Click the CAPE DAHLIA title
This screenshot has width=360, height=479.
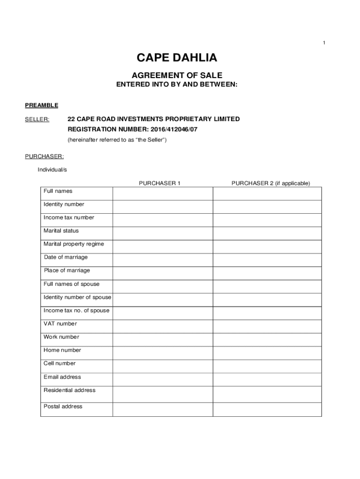(177, 58)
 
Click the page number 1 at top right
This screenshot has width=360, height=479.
(324, 43)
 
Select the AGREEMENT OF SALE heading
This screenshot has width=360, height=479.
(177, 75)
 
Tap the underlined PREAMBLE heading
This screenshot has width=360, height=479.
(42, 105)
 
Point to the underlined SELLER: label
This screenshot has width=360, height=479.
(37, 119)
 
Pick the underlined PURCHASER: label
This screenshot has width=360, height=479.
(44, 156)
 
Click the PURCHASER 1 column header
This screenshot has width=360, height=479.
(159, 183)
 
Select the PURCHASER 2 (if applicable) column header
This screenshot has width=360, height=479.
(270, 183)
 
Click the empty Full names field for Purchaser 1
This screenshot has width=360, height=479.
(163, 194)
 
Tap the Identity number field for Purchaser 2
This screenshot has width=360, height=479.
(267, 207)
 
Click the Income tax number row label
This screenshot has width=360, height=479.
(69, 218)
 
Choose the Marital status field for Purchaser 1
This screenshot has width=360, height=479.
(163, 233)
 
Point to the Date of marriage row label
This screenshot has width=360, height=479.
(65, 257)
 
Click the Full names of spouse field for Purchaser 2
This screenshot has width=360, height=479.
(267, 286)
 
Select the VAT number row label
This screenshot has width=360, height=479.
(60, 324)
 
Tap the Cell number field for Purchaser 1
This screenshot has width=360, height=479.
(163, 366)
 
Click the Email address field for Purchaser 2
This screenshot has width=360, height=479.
(267, 379)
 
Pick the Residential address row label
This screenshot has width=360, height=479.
(69, 390)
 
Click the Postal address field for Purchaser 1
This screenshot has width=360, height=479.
(163, 409)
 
